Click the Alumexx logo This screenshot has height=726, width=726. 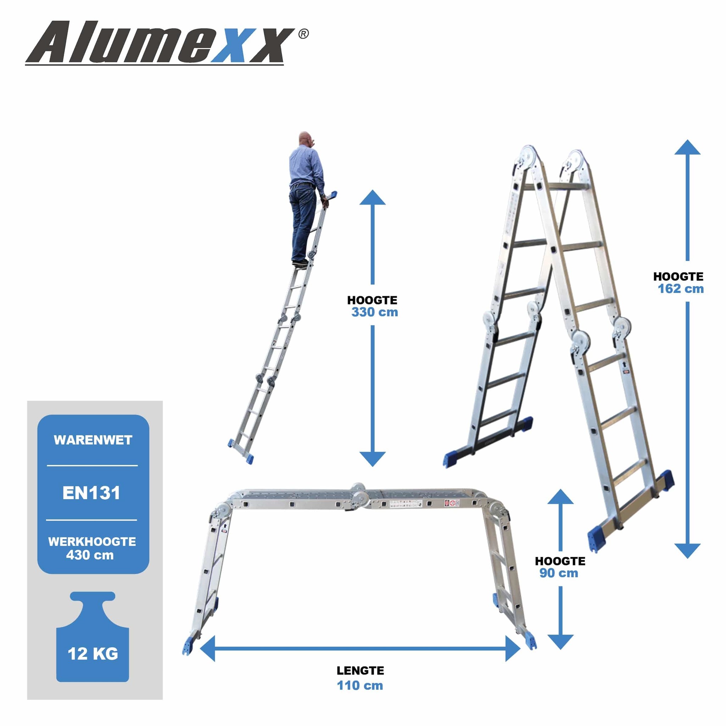[x=160, y=43]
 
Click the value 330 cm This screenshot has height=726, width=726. [x=374, y=312]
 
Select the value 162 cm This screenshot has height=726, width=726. [x=681, y=289]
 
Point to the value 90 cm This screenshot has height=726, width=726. [x=559, y=573]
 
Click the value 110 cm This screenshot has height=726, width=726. [x=360, y=686]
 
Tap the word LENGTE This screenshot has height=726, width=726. [x=360, y=670]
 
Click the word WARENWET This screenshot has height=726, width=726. [x=93, y=440]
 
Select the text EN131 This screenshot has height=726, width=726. [x=91, y=493]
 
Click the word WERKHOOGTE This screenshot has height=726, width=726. [x=92, y=542]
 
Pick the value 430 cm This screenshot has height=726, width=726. [x=90, y=555]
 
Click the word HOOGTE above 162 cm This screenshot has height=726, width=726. [x=678, y=277]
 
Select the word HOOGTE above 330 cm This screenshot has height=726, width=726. [x=372, y=300]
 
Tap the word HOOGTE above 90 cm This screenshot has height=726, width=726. [x=560, y=561]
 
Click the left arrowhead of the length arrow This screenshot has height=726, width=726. [x=208, y=648]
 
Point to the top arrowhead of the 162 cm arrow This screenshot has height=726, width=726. [x=687, y=148]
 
